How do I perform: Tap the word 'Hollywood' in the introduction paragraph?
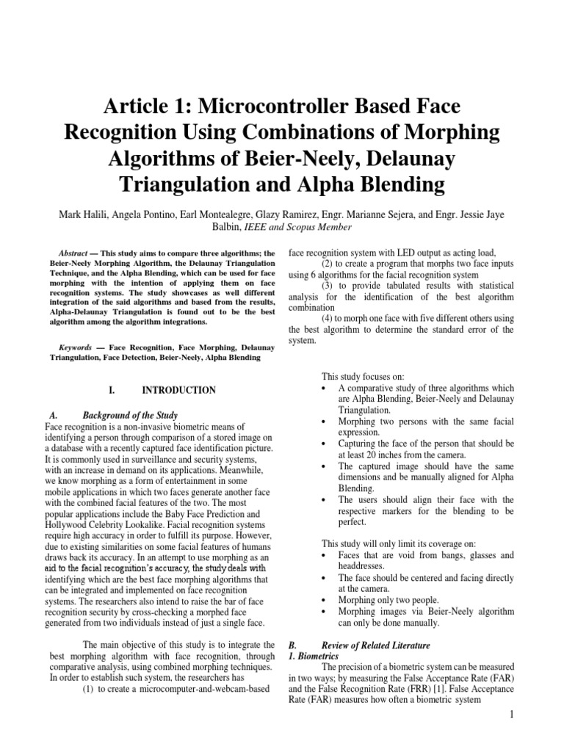pyautogui.click(x=68, y=525)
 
